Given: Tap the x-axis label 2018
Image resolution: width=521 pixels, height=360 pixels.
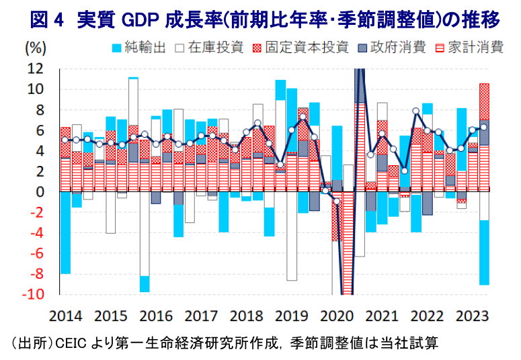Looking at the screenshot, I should [x=249, y=316].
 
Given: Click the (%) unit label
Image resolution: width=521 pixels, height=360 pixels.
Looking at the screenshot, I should [x=36, y=48].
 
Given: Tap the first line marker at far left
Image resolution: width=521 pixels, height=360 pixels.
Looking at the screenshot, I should [x=65, y=140].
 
